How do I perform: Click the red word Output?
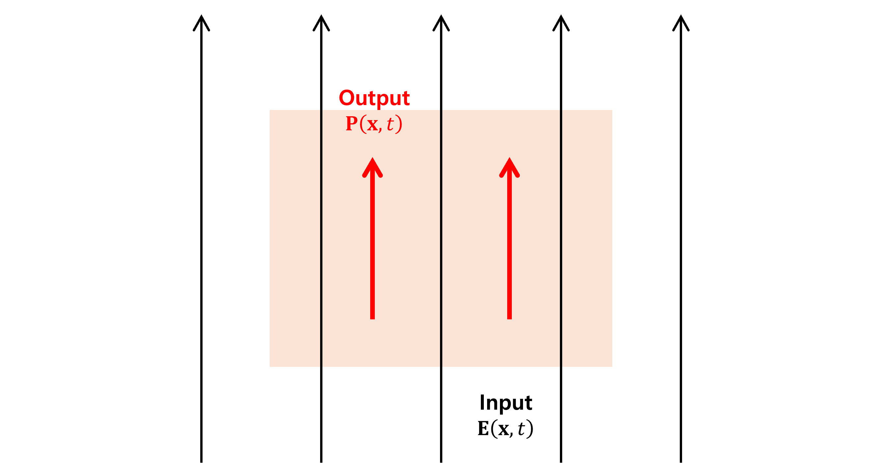[374, 98]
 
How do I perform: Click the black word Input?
[506, 403]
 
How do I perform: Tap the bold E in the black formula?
[483, 428]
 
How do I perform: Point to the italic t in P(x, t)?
[390, 124]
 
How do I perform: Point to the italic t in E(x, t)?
[521, 429]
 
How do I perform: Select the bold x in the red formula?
[372, 125]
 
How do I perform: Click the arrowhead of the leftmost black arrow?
[201, 21]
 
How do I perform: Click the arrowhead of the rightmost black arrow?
[681, 21]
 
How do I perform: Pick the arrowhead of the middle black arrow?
[441, 21]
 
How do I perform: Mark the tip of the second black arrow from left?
[321, 16]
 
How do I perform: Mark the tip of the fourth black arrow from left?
[561, 16]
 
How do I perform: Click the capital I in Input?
[482, 402]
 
